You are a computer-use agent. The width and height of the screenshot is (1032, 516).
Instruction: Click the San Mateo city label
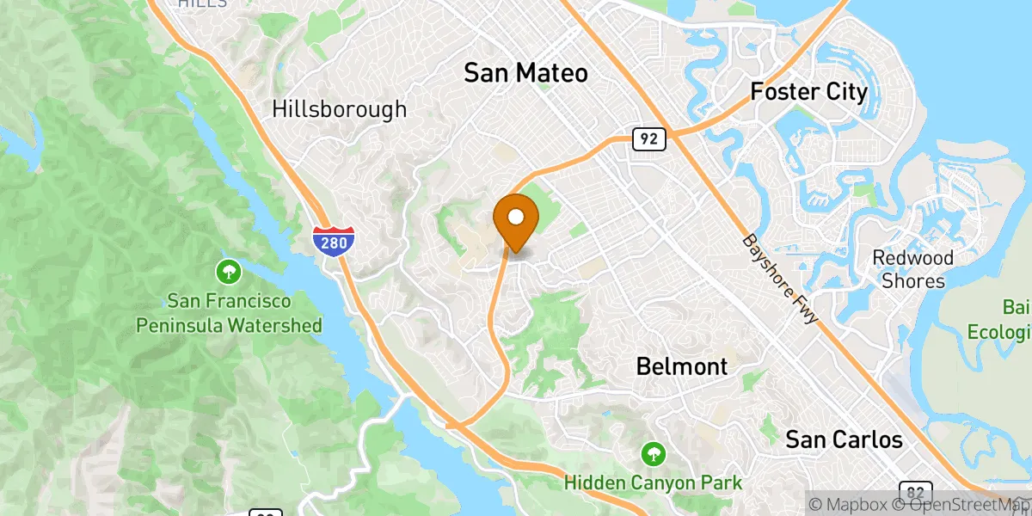[x=525, y=73]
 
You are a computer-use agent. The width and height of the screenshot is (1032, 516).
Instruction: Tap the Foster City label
[x=808, y=91]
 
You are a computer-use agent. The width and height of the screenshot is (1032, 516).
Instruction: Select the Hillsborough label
[x=339, y=109]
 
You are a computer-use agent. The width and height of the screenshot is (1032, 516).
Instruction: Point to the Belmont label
[x=682, y=366]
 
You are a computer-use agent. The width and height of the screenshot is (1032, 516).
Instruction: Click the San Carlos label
[x=844, y=439]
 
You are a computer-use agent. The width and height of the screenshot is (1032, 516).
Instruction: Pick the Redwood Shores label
[x=912, y=269]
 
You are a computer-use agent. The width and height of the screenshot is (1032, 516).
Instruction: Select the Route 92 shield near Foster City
[x=649, y=138]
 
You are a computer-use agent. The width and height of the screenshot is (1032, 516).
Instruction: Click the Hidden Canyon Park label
[x=653, y=482]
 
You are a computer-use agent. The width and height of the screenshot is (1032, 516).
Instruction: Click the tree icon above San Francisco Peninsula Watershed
[x=229, y=273]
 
